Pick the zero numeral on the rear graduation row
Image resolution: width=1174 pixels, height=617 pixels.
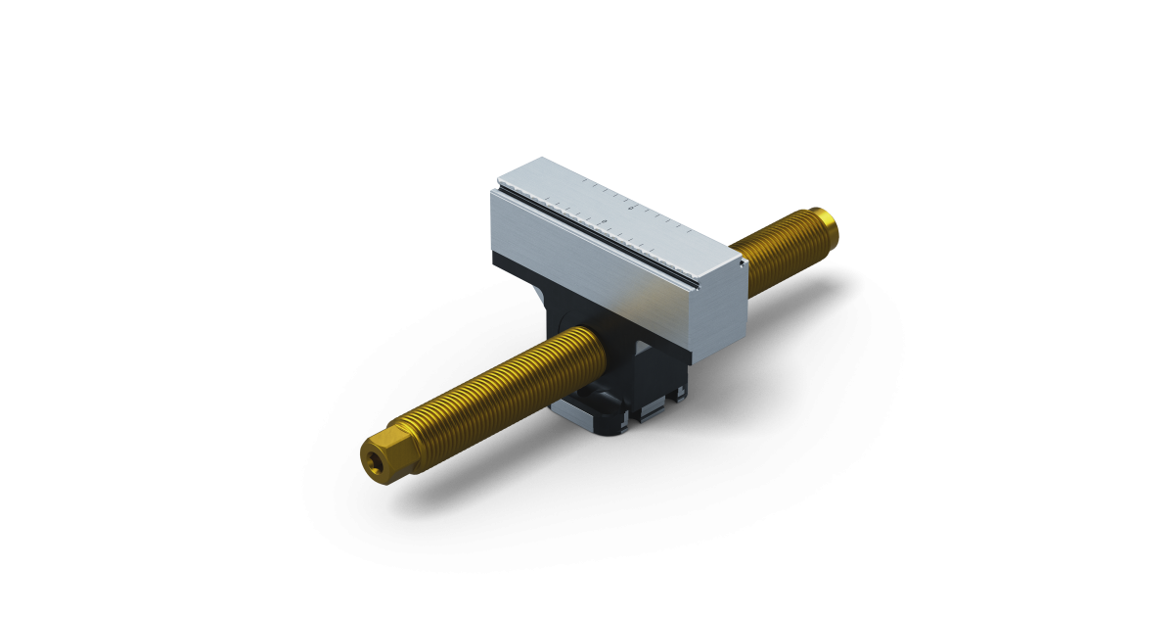pos(631,208)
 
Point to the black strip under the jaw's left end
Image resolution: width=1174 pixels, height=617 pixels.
pos(509,262)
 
